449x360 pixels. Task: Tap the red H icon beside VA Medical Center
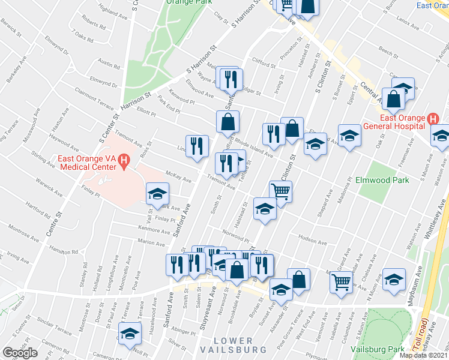point(124,160)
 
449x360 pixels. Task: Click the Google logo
point(20,353)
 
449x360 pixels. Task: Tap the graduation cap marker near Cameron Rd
point(129,334)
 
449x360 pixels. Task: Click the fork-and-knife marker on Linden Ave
point(197,146)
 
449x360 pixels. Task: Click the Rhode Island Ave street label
point(255,148)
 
